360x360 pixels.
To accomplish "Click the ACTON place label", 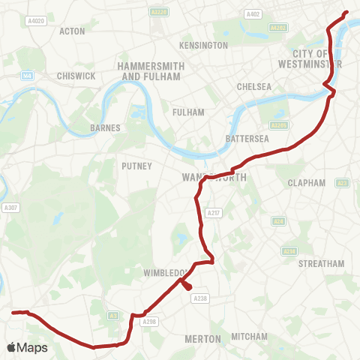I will pyautogui.click(x=73, y=31).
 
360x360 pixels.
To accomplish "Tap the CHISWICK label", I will pyautogui.click(x=75, y=76).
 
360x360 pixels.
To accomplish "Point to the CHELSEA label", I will pyautogui.click(x=253, y=87).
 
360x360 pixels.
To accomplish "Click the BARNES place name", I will pyautogui.click(x=105, y=128).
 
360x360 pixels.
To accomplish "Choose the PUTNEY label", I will pyautogui.click(x=137, y=166).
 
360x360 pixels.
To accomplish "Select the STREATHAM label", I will pyautogui.click(x=321, y=264).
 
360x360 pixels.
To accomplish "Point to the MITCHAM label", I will pyautogui.click(x=250, y=337).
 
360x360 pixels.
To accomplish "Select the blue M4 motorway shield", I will pyautogui.click(x=27, y=75).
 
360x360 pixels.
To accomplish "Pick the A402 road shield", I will pyautogui.click(x=253, y=14).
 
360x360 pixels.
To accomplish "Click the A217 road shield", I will pyautogui.click(x=214, y=213).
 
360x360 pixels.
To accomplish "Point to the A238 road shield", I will pyautogui.click(x=199, y=298).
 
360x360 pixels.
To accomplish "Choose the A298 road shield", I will pyautogui.click(x=150, y=322).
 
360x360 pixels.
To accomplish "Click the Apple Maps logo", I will pyautogui.click(x=27, y=347).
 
